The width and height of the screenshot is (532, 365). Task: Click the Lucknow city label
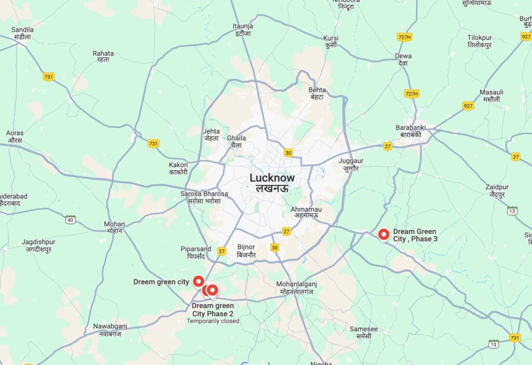click(x=272, y=182)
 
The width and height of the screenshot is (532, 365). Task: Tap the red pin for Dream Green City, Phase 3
click(x=384, y=235)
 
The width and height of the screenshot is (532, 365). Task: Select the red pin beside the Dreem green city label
click(x=198, y=281)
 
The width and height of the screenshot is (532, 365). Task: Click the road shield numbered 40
click(x=70, y=220)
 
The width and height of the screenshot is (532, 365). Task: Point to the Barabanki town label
click(x=410, y=130)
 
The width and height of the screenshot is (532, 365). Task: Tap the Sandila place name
click(x=22, y=33)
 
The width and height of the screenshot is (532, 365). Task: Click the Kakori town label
click(x=178, y=169)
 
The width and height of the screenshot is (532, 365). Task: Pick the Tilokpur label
click(x=480, y=42)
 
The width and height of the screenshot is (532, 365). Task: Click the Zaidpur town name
click(x=497, y=191)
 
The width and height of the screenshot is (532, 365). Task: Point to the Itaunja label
click(x=243, y=30)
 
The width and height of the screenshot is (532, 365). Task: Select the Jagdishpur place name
click(x=38, y=245)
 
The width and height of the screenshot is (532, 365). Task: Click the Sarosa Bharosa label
click(x=204, y=197)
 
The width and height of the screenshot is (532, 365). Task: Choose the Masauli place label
click(x=491, y=96)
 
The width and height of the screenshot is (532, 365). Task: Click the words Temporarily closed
click(x=213, y=321)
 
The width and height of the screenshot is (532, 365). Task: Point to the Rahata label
click(x=103, y=57)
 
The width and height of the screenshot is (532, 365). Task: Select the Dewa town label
click(x=403, y=59)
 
